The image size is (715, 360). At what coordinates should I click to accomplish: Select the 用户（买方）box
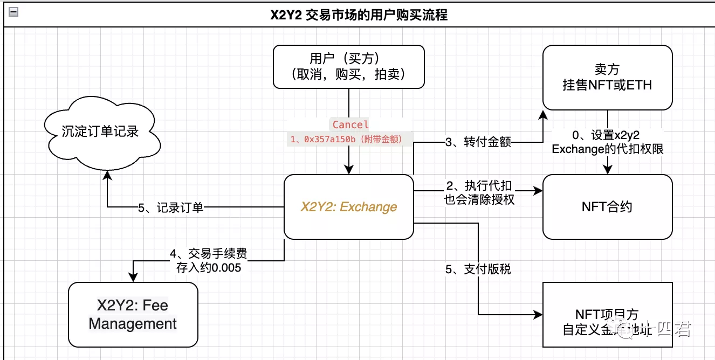point(348,66)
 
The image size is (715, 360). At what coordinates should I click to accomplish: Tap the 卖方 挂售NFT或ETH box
point(607,78)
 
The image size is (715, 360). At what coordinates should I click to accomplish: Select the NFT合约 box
point(607,206)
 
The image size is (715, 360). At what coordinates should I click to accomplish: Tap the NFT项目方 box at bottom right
point(607,315)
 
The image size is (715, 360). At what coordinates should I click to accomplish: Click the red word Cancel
point(350,124)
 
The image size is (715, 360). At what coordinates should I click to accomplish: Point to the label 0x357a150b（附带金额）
point(350,139)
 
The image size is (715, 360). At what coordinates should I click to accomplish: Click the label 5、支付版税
point(478,269)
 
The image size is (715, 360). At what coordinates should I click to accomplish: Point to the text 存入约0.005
point(209,267)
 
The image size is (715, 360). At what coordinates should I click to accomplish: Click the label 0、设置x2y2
point(607,135)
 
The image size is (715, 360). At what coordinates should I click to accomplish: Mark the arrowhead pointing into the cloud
point(108,174)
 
